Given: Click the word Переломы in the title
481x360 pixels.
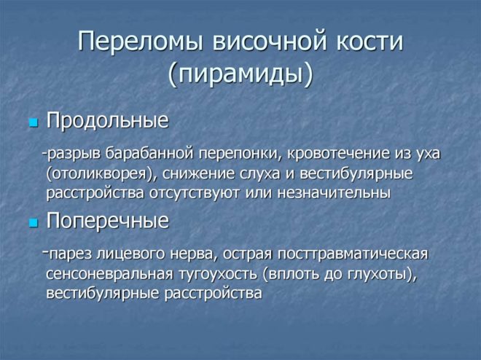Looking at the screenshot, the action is click(140, 41).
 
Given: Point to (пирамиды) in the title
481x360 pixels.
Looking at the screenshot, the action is click(240, 75).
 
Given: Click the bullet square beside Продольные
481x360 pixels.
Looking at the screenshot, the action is click(33, 123).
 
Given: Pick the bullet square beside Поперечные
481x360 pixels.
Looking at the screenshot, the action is click(33, 223).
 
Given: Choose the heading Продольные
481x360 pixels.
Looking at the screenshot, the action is click(107, 121).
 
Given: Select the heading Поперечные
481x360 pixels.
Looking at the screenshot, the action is click(108, 221).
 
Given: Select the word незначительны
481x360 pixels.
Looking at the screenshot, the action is click(334, 194).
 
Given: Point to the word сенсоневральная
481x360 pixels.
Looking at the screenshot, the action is click(109, 275).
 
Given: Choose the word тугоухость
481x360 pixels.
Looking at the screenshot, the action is click(217, 275).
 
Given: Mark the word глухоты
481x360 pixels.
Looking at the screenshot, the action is click(378, 275).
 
